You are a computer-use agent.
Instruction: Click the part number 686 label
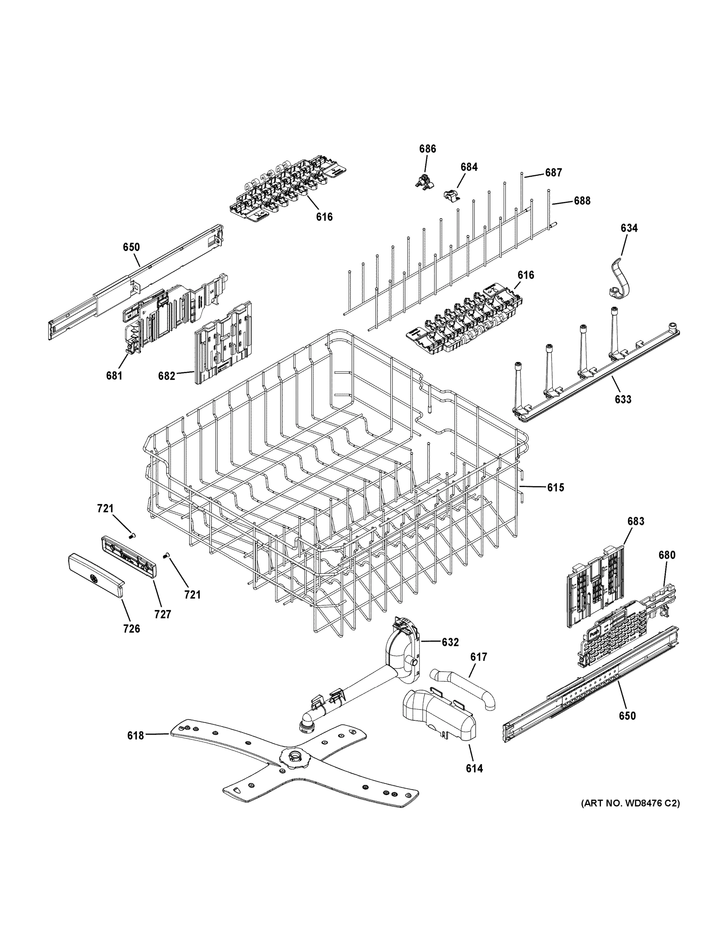pyautogui.click(x=427, y=149)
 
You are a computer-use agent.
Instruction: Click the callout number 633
pyautogui.click(x=623, y=399)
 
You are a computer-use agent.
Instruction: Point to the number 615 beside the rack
pyautogui.click(x=555, y=487)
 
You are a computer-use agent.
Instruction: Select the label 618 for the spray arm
pyautogui.click(x=135, y=735)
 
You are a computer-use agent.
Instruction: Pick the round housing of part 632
pyautogui.click(x=402, y=659)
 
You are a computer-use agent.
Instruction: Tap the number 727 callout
pyautogui.click(x=162, y=614)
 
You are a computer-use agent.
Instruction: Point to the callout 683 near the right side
pyautogui.click(x=636, y=521)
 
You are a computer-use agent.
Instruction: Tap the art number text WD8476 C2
pyautogui.click(x=630, y=804)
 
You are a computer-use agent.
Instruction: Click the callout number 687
pyautogui.click(x=553, y=172)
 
